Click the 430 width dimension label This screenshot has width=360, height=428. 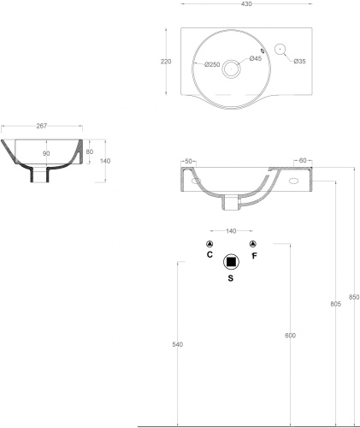tap(247, 4)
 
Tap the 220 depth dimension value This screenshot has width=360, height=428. tap(166, 62)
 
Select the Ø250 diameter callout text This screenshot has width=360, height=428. tap(212, 65)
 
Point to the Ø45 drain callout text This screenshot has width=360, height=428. tap(256, 58)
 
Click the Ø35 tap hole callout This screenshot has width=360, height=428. tap(299, 61)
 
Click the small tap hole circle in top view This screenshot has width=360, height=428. tap(280, 49)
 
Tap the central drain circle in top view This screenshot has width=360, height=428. tap(231, 68)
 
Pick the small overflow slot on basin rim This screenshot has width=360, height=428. tap(263, 51)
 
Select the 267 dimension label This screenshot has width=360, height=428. tap(42, 126)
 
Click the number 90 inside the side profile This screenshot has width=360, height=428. tap(46, 153)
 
